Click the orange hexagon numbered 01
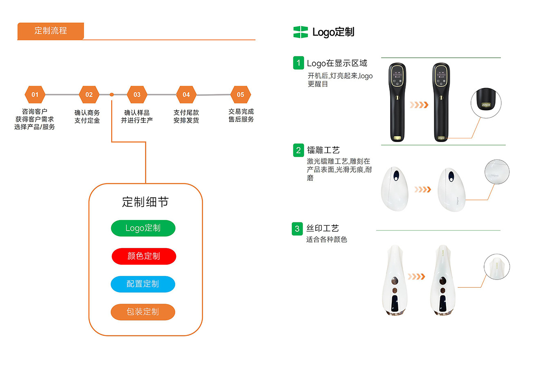click(35, 95)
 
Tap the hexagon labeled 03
click(137, 95)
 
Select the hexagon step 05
click(241, 95)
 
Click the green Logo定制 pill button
click(143, 228)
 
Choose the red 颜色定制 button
click(144, 256)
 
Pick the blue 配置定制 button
click(143, 284)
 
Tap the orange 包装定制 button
click(143, 312)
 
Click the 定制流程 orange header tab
click(51, 31)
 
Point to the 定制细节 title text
click(145, 202)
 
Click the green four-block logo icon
click(301, 32)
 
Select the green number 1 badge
click(298, 63)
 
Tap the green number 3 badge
click(297, 229)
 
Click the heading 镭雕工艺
click(323, 150)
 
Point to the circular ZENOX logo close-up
click(486, 103)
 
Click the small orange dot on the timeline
click(112, 95)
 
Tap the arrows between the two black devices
click(419, 105)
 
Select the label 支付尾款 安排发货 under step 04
click(186, 116)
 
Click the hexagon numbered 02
click(89, 95)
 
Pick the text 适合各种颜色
click(326, 240)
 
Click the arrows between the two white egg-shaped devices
click(422, 189)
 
